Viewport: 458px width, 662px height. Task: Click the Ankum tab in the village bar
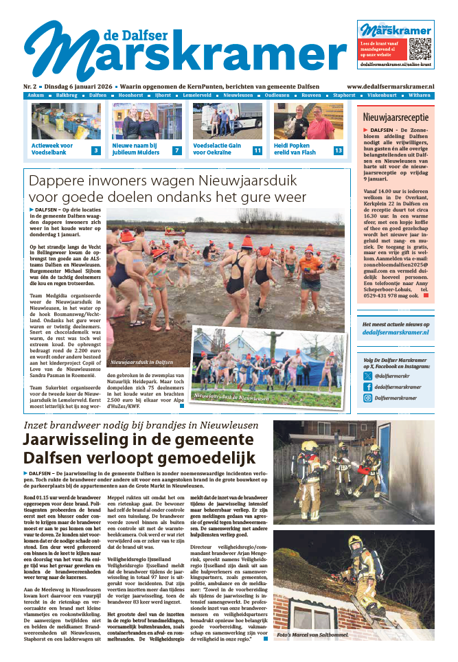coord(36,95)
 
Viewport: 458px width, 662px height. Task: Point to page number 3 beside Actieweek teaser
coord(96,150)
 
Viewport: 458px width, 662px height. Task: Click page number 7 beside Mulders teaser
coord(176,150)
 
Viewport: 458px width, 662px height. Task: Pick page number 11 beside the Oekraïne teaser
coord(257,150)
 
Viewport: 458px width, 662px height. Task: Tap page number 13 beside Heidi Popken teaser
coord(338,150)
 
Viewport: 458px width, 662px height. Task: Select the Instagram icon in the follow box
coord(369,398)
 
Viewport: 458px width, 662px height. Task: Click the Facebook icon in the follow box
coord(369,387)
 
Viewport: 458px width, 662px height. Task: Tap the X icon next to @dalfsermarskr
coord(369,376)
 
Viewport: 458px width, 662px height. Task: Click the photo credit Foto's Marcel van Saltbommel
coord(312,635)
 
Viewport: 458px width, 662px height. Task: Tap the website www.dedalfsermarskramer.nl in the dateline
coord(390,87)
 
